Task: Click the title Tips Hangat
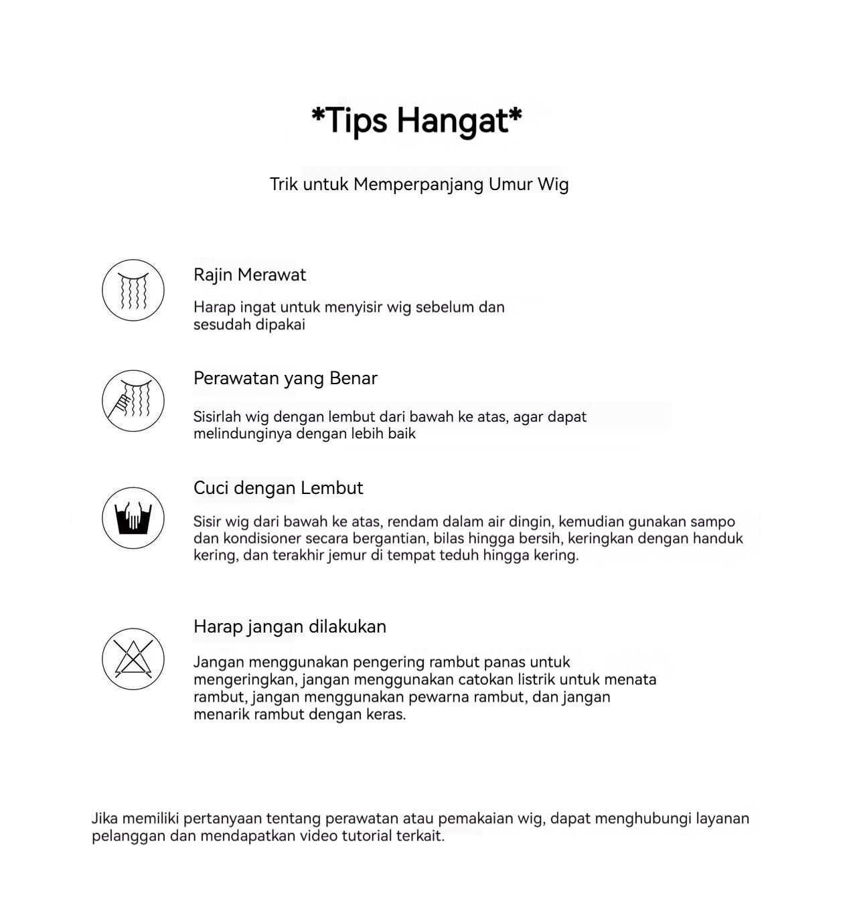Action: point(416,120)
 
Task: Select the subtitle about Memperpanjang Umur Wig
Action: point(419,184)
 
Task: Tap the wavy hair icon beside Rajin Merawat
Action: point(133,290)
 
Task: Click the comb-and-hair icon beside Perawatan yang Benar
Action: point(133,400)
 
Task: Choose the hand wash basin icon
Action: point(133,518)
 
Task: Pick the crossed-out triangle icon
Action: point(133,659)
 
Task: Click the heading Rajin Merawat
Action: point(249,274)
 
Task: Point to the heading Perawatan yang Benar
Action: point(285,378)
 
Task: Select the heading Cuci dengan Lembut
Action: point(278,488)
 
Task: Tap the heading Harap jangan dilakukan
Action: point(289,627)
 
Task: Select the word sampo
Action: point(712,521)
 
